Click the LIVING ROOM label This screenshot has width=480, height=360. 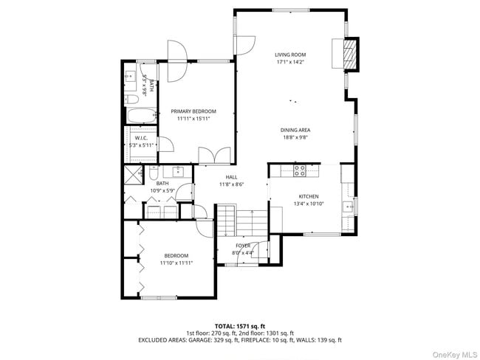pos(290,55)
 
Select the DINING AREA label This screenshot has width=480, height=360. pos(295,131)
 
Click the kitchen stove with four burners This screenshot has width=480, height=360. pos(300,170)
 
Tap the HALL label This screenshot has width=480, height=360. pos(231,178)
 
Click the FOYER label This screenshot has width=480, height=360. pos(243,246)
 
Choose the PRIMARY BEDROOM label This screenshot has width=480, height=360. pos(193,111)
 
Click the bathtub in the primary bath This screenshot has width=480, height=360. pos(141,116)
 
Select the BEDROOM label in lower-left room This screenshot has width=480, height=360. pos(176,256)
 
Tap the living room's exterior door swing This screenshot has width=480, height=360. pos(244,44)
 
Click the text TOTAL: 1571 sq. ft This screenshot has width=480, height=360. pos(239,325)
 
